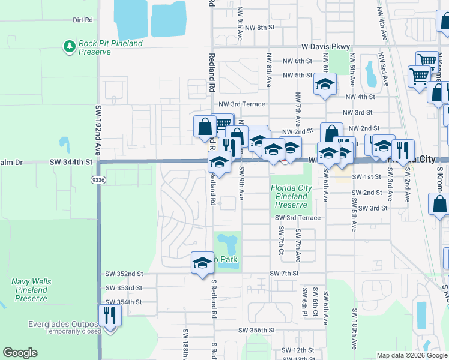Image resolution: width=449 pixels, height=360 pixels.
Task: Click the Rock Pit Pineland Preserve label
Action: pos(104,47)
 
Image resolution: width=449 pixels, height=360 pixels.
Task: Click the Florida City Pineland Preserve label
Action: pos(291,196)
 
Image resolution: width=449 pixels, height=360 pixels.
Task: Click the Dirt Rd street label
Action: pos(82,20)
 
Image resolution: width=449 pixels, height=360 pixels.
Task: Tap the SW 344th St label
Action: pos(71,162)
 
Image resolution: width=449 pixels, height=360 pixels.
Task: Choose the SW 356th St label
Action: pos(256,330)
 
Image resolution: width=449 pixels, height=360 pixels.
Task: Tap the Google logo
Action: pos(20,353)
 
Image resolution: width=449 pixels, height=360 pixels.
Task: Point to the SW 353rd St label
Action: pos(123,288)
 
